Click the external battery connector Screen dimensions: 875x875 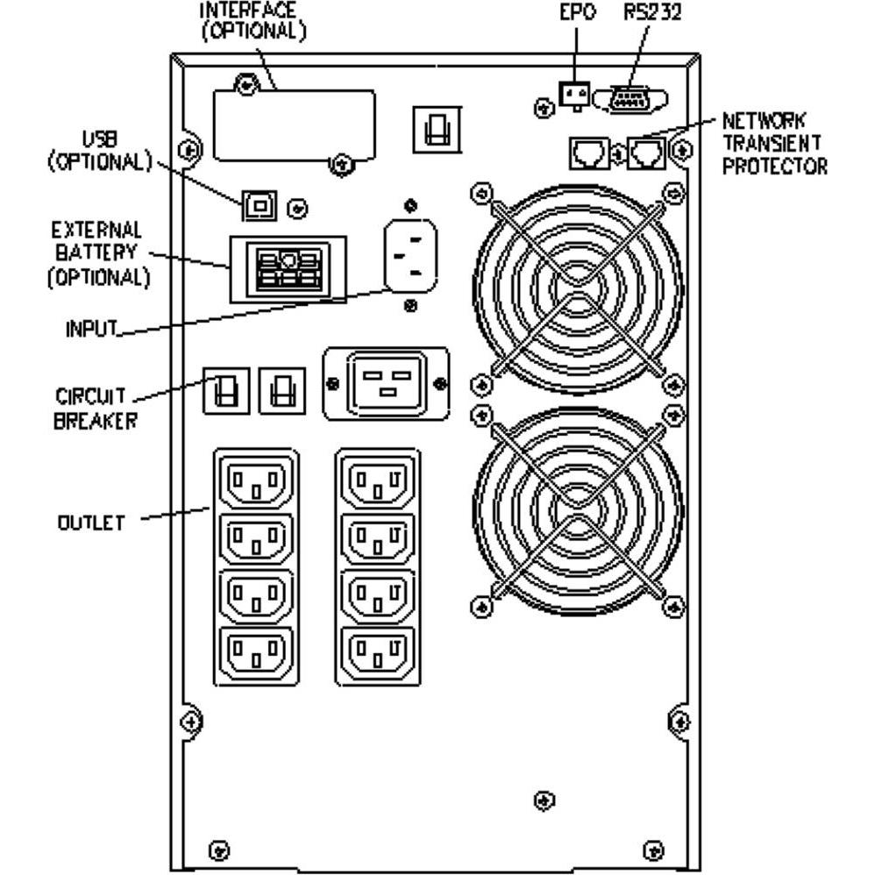point(288,269)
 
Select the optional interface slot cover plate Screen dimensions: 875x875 point(294,124)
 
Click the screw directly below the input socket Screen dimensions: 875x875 point(410,305)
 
